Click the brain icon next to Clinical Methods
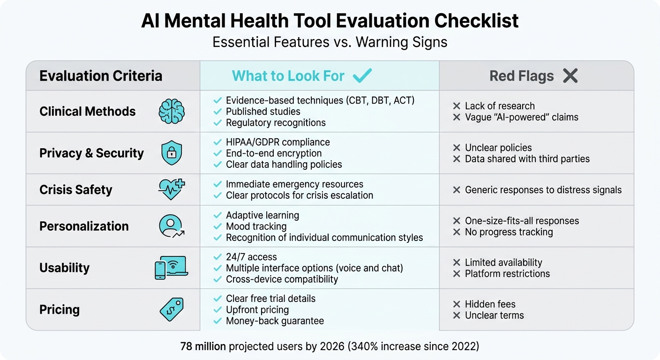pos(171,112)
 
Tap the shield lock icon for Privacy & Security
pos(171,153)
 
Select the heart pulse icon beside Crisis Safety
pos(171,189)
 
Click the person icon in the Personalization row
pos(171,226)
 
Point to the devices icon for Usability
pos(171,268)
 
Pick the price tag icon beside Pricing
pos(171,309)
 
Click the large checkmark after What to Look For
pos(362,75)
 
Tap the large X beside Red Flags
pos(570,75)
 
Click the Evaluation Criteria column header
pos(101,76)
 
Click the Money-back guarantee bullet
pos(275,321)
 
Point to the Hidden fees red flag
pos(490,304)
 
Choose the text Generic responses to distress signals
pos(543,190)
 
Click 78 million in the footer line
pos(203,347)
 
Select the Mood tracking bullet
pos(256,226)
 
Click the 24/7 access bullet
pos(251,257)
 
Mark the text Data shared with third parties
pos(527,159)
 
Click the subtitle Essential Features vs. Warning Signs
pos(330,42)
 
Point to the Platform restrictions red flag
pos(507,274)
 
